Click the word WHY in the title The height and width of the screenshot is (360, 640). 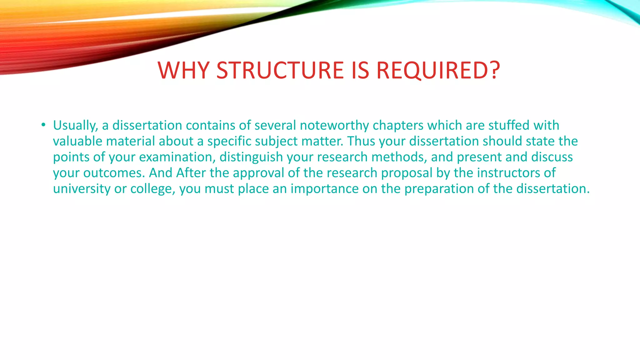click(183, 70)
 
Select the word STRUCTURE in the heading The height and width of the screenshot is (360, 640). click(280, 70)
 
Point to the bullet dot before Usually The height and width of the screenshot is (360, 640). click(43, 125)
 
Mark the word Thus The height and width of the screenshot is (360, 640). click(361, 141)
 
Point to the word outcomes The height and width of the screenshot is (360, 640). click(114, 173)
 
